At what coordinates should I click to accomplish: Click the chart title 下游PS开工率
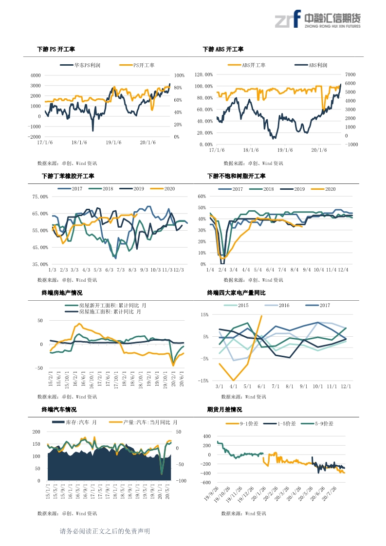[56, 50]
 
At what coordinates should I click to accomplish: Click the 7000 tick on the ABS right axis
[351, 74]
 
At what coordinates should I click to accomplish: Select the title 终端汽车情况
[59, 410]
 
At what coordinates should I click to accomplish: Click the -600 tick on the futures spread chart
[204, 482]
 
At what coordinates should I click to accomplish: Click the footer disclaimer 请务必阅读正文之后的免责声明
[104, 531]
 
